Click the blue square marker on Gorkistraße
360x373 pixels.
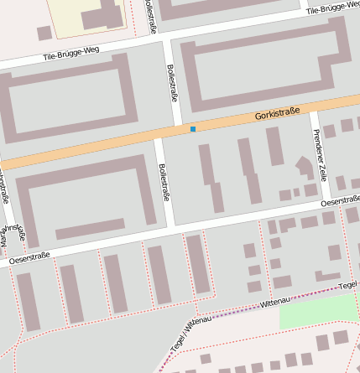(x=193, y=129)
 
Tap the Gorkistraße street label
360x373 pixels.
(x=278, y=114)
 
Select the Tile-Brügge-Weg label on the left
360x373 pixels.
(x=70, y=55)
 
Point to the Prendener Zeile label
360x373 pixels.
(x=319, y=155)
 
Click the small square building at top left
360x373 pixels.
(x=44, y=33)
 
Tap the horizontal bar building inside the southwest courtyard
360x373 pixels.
(x=89, y=231)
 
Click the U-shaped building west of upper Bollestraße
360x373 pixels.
(x=71, y=101)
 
